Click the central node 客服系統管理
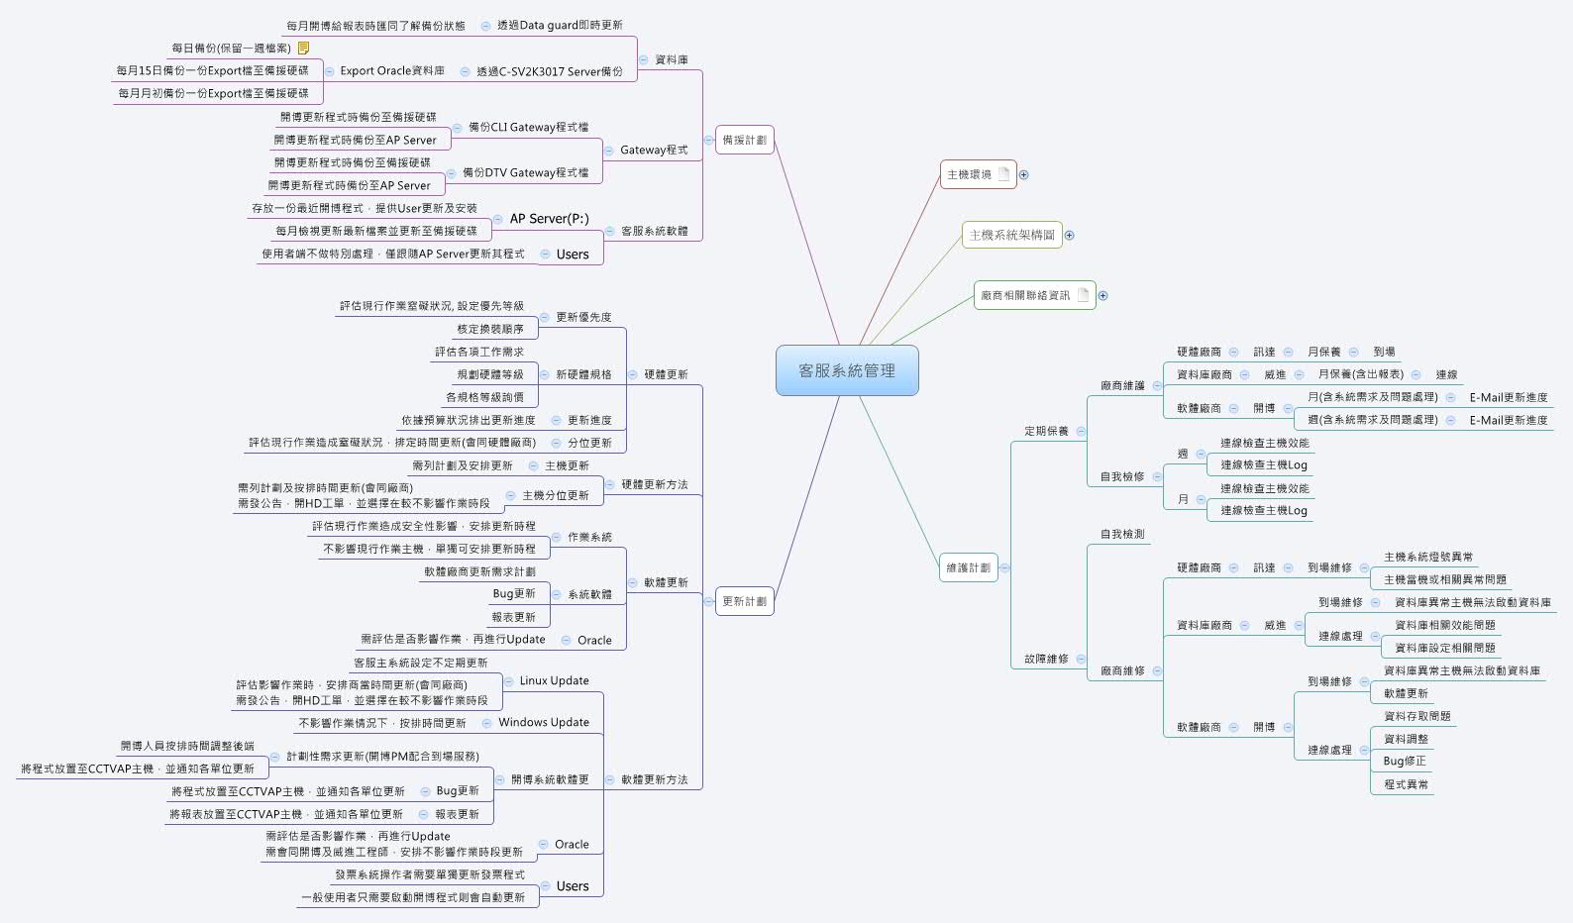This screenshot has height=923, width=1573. click(847, 370)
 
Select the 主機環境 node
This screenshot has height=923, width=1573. click(969, 174)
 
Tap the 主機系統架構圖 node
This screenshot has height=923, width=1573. click(1011, 235)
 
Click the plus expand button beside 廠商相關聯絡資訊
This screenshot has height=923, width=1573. click(1102, 295)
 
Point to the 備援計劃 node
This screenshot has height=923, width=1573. click(744, 140)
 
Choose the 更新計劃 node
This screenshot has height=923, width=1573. click(744, 601)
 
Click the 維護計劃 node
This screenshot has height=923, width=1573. click(968, 567)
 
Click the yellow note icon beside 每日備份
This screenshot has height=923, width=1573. click(304, 48)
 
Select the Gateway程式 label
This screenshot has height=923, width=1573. click(654, 151)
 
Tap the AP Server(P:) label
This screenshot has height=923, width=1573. click(549, 219)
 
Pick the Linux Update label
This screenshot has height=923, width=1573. click(554, 680)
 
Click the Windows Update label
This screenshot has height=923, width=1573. click(544, 722)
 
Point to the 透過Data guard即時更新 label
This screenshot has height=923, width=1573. click(560, 25)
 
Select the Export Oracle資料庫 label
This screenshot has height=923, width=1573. click(391, 70)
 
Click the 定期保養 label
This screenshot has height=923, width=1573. click(1046, 431)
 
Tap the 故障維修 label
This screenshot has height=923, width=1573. click(1046, 659)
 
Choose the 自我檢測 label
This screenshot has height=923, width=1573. click(1122, 534)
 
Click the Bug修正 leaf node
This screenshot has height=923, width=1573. click(1405, 761)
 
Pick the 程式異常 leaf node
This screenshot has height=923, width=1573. click(1406, 783)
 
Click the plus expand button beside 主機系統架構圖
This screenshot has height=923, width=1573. click(1069, 235)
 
